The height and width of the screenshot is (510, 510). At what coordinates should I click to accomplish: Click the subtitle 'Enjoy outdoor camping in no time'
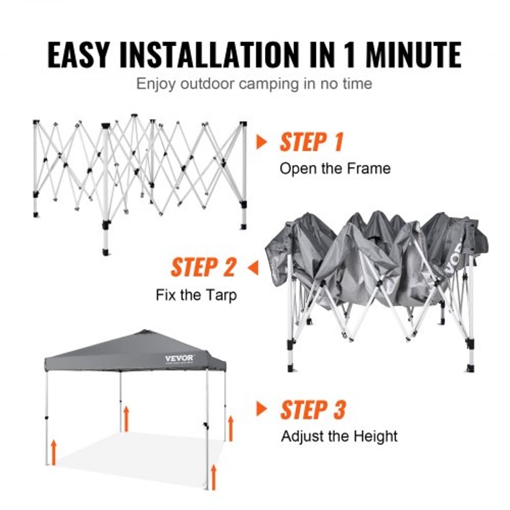pyautogui.click(x=254, y=84)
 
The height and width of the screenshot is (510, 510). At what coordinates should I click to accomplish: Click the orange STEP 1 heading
pyautogui.click(x=311, y=142)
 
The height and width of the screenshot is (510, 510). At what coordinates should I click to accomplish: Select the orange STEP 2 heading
pyautogui.click(x=203, y=268)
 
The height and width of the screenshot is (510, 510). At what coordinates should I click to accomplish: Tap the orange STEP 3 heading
pyautogui.click(x=312, y=410)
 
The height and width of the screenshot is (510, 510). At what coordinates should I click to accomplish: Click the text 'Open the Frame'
pyautogui.click(x=335, y=169)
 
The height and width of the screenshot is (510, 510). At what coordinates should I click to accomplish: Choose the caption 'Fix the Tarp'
pyautogui.click(x=196, y=295)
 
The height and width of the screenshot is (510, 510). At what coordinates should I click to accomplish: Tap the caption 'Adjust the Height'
pyautogui.click(x=339, y=437)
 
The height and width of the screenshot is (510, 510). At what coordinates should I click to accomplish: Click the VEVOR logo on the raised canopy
pyautogui.click(x=179, y=358)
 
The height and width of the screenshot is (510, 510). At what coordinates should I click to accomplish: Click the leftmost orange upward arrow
pyautogui.click(x=54, y=450)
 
